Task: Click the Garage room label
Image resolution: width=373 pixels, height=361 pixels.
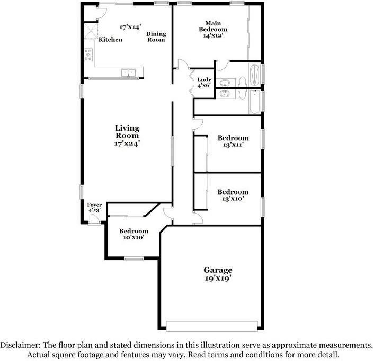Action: click(218, 270)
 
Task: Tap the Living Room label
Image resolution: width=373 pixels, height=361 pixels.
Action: click(127, 132)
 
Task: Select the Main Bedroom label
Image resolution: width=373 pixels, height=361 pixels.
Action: click(213, 26)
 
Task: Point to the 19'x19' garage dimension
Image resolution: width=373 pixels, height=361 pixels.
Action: click(218, 278)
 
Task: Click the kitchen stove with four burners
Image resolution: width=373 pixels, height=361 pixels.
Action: click(88, 54)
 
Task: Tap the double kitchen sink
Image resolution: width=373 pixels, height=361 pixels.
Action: click(128, 72)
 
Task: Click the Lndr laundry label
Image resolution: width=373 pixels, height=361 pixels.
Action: click(205, 80)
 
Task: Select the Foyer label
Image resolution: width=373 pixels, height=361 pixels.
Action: click(94, 205)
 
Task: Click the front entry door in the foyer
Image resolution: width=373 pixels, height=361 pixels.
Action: click(94, 219)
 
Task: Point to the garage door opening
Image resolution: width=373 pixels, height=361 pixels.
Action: click(212, 326)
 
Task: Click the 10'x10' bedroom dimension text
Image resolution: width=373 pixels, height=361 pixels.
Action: click(134, 237)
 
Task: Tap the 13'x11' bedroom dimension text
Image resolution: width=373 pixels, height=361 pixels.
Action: click(233, 144)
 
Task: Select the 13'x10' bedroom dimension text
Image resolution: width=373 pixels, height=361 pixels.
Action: click(233, 198)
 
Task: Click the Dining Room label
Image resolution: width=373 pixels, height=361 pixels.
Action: click(156, 36)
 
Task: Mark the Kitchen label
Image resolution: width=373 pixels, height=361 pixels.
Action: click(111, 39)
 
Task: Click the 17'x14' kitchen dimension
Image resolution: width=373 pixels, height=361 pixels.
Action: click(130, 26)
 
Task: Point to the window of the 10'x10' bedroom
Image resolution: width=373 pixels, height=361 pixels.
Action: click(134, 258)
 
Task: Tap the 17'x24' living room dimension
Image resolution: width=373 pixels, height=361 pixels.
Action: click(127, 143)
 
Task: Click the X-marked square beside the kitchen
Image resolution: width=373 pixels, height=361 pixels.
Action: click(91, 31)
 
